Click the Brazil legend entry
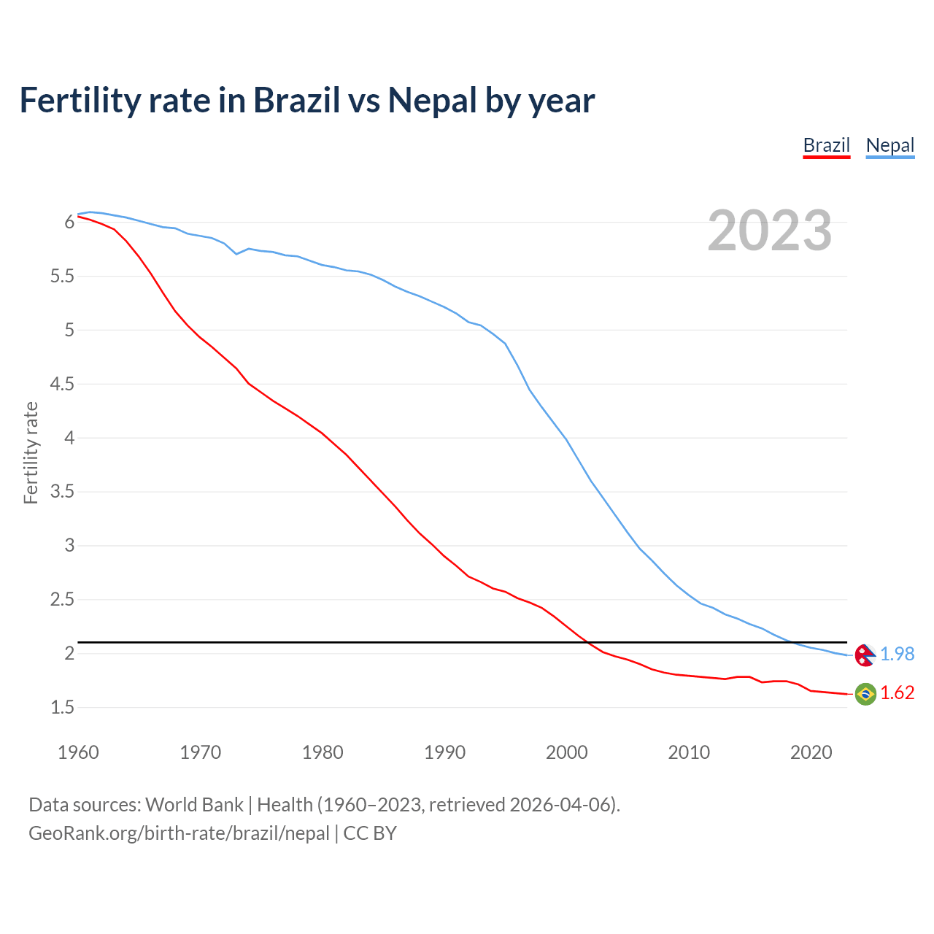tap(826, 145)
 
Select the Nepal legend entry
tap(889, 145)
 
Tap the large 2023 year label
tap(769, 231)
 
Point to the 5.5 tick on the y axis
tap(62, 277)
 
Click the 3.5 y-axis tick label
tap(62, 492)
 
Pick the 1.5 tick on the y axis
tap(62, 707)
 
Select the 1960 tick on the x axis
tap(78, 752)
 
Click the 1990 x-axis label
tap(444, 752)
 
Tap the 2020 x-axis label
tap(811, 752)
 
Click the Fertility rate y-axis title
tap(31, 452)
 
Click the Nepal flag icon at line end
tap(865, 655)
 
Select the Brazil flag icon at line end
tap(865, 693)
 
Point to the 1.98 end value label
tap(897, 655)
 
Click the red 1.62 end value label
tap(897, 693)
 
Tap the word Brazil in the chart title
tap(296, 101)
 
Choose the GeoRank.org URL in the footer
tap(179, 833)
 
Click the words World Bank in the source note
tap(194, 805)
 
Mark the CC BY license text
tap(370, 833)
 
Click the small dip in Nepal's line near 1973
tap(236, 253)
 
